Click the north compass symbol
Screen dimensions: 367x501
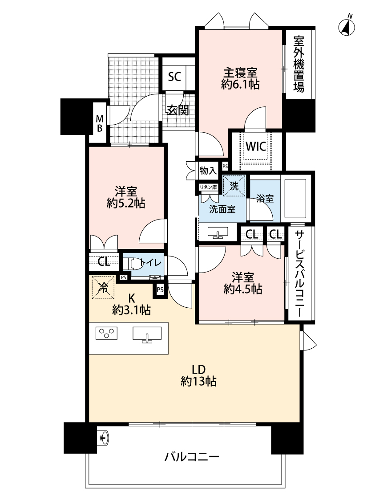tap(347, 26)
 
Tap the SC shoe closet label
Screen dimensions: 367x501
tap(174, 76)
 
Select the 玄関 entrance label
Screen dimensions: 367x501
tap(178, 110)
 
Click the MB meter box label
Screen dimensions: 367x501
tap(100, 124)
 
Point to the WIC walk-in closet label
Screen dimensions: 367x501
tap(256, 147)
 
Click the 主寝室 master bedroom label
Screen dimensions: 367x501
tap(240, 73)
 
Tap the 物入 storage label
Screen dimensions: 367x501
tap(208, 171)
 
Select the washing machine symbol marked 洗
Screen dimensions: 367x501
tap(234, 186)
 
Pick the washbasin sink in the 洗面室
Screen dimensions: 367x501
tap(218, 232)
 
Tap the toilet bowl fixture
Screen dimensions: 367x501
tap(132, 264)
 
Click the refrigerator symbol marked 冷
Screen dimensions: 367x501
tap(103, 287)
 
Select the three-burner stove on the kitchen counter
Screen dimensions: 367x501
tap(106, 333)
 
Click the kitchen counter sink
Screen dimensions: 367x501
tap(147, 334)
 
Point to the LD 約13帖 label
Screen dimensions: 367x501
tap(198, 375)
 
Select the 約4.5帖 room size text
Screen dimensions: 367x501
tap(243, 289)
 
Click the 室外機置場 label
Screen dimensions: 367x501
tap(299, 64)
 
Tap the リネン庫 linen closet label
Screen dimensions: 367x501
tap(208, 187)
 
